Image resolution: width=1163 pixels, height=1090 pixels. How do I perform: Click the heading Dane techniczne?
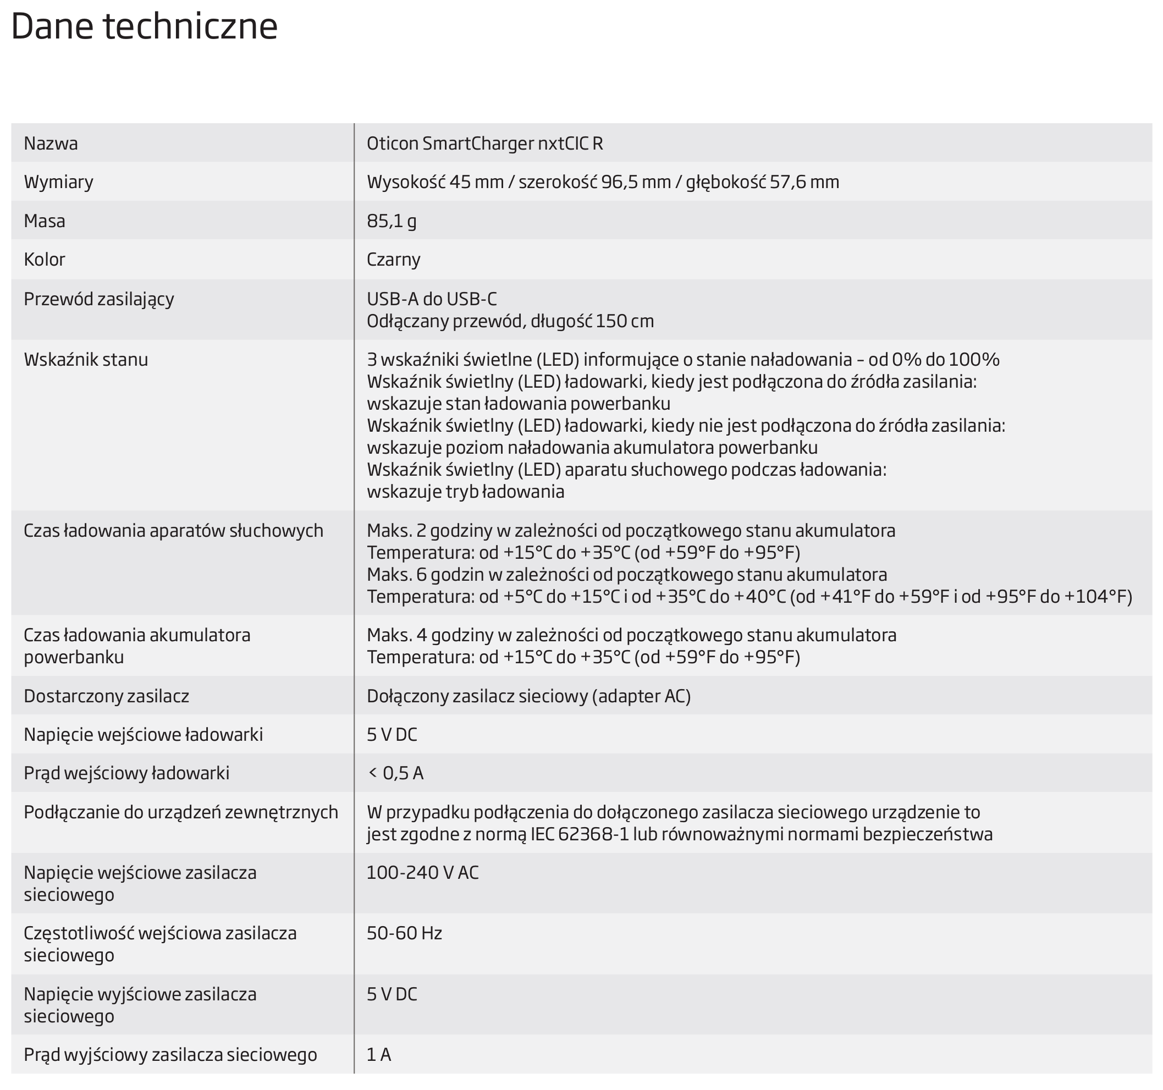[x=144, y=27]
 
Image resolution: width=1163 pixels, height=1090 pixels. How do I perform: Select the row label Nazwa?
[x=51, y=144]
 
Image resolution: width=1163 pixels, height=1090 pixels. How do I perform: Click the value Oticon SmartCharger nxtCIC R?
[x=484, y=144]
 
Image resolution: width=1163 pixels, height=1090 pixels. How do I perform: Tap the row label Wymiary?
[x=58, y=182]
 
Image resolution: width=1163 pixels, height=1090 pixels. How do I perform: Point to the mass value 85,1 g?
[x=392, y=221]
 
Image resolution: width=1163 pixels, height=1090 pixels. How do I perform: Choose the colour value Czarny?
[x=393, y=259]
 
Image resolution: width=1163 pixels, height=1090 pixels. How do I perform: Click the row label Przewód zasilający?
[x=99, y=299]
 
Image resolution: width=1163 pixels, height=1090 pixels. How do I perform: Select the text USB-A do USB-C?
[x=431, y=299]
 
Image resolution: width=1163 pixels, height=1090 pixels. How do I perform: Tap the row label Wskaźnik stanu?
[x=86, y=359]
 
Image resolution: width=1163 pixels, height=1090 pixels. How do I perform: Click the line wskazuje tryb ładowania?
[x=465, y=492]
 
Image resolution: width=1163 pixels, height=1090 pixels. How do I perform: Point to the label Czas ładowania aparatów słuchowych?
[x=173, y=531]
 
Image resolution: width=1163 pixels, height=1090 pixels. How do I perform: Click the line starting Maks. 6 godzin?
[x=626, y=575]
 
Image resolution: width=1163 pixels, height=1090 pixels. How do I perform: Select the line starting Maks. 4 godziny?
[x=631, y=635]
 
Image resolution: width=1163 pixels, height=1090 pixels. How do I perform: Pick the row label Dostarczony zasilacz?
[x=107, y=696]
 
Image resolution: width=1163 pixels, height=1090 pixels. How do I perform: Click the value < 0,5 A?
[x=395, y=773]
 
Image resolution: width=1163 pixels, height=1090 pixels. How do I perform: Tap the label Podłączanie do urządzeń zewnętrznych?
[x=181, y=812]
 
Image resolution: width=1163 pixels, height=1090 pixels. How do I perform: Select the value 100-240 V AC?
[x=422, y=872]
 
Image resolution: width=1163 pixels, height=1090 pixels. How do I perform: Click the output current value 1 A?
[x=378, y=1054]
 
